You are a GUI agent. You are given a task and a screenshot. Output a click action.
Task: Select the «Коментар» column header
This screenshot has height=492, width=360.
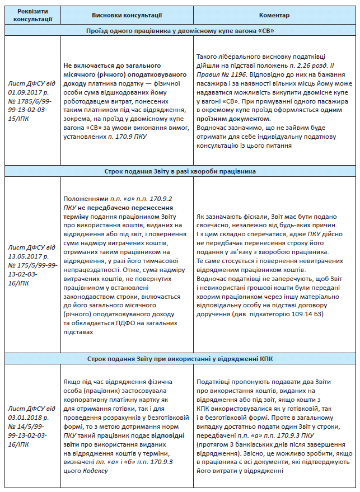coord(273,15)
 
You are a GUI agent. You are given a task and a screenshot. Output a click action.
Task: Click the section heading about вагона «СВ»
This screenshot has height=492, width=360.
coord(180,31)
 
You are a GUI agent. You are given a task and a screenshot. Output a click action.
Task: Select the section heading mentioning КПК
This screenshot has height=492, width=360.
coord(180,358)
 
